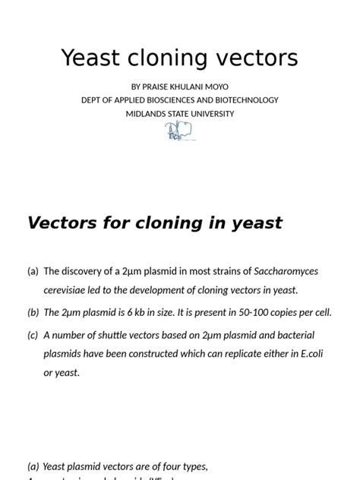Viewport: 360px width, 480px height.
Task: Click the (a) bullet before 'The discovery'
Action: (33, 271)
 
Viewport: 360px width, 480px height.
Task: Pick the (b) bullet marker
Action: (33, 312)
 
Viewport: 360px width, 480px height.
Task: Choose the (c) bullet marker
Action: (33, 335)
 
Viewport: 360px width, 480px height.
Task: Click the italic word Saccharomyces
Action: (286, 271)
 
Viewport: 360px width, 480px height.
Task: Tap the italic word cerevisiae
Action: (68, 289)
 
